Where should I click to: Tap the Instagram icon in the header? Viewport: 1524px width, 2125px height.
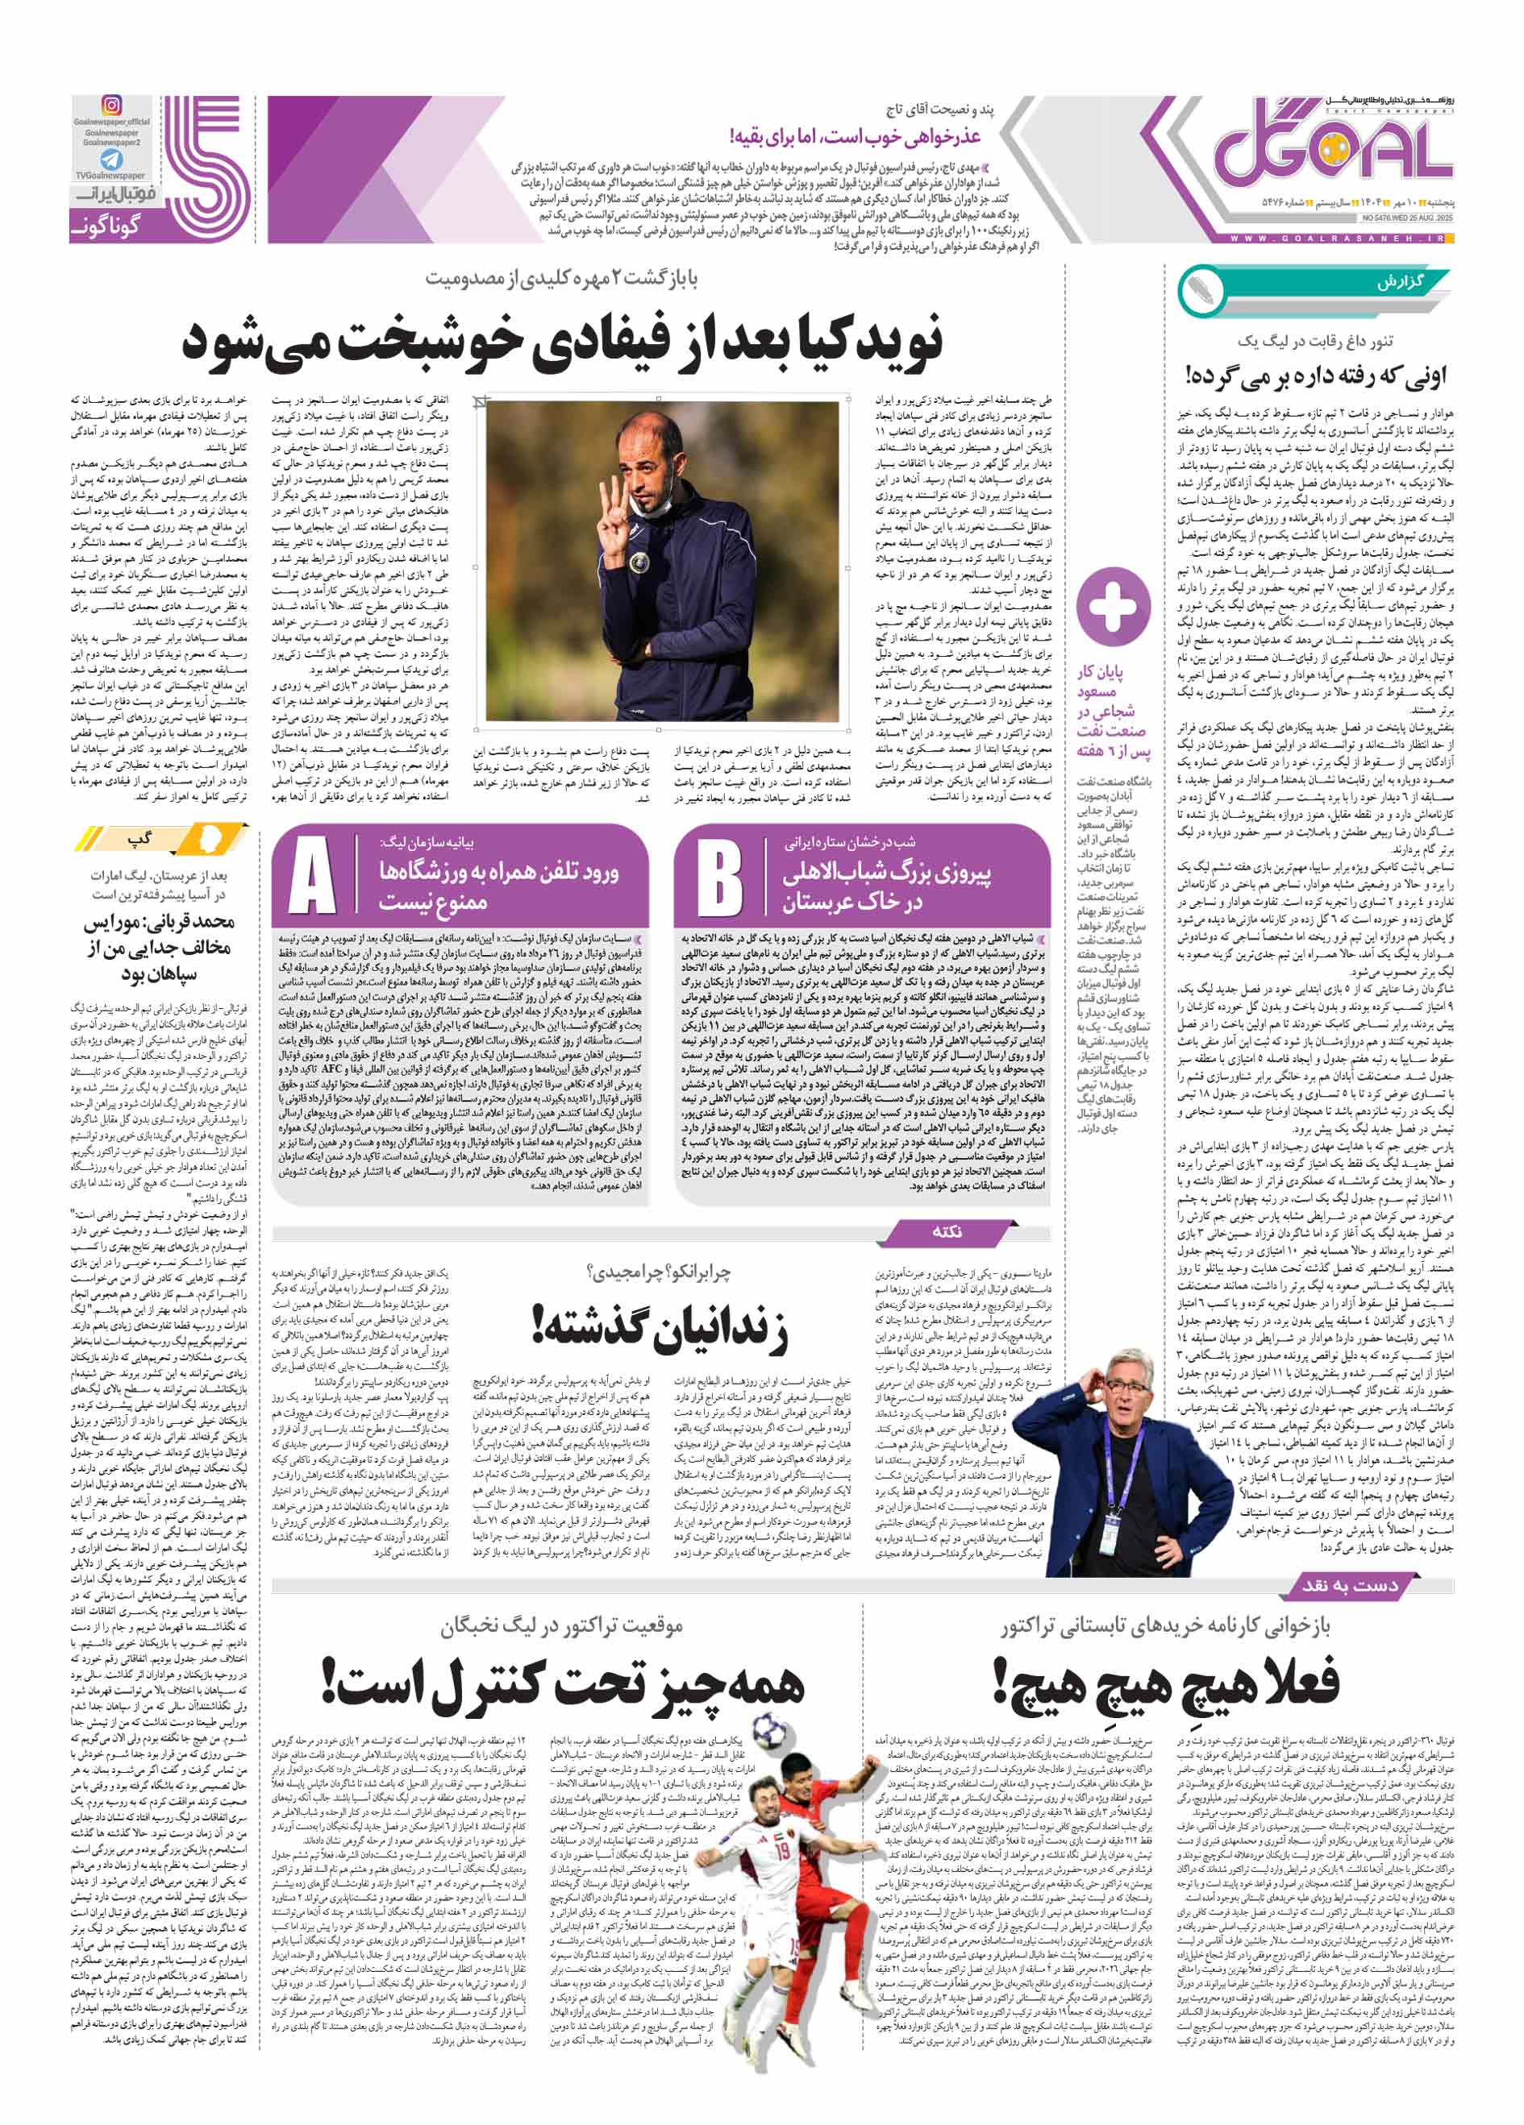pyautogui.click(x=111, y=106)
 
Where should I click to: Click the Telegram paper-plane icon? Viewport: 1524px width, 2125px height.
pyautogui.click(x=111, y=160)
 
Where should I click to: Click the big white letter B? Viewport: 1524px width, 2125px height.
pyautogui.click(x=720, y=877)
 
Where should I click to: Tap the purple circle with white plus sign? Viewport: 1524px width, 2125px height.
pyautogui.click(x=1113, y=606)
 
